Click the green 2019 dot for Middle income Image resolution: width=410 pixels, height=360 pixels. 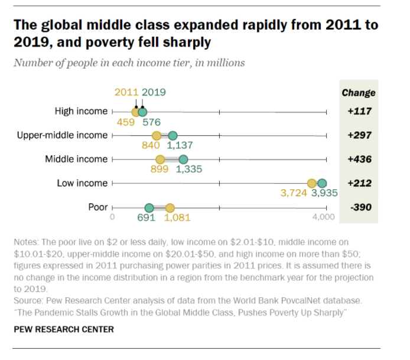tap(183, 159)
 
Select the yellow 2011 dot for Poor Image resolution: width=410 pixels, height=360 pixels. tap(170, 207)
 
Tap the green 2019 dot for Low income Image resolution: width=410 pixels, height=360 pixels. tap(322, 183)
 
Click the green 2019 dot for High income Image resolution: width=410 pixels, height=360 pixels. tap(142, 111)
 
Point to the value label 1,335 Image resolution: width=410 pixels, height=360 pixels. tap(189, 170)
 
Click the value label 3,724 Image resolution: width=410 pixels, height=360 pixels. tap(295, 193)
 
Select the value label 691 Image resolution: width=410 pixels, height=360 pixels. tap(146, 218)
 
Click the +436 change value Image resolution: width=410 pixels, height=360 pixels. tap(359, 159)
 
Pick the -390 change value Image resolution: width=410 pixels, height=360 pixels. tap(359, 207)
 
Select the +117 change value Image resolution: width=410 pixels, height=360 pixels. tap(359, 111)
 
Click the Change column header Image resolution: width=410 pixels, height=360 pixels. tap(359, 93)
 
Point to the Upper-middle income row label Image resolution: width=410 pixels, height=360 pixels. tap(62, 135)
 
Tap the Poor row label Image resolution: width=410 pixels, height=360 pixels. tap(97, 207)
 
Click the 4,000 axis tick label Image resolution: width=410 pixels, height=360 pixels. tap(323, 218)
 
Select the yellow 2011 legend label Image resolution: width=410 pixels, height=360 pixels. tap(126, 92)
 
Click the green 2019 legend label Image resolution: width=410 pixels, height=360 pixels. tap(154, 92)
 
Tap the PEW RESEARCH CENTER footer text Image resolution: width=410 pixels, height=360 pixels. tap(64, 329)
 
